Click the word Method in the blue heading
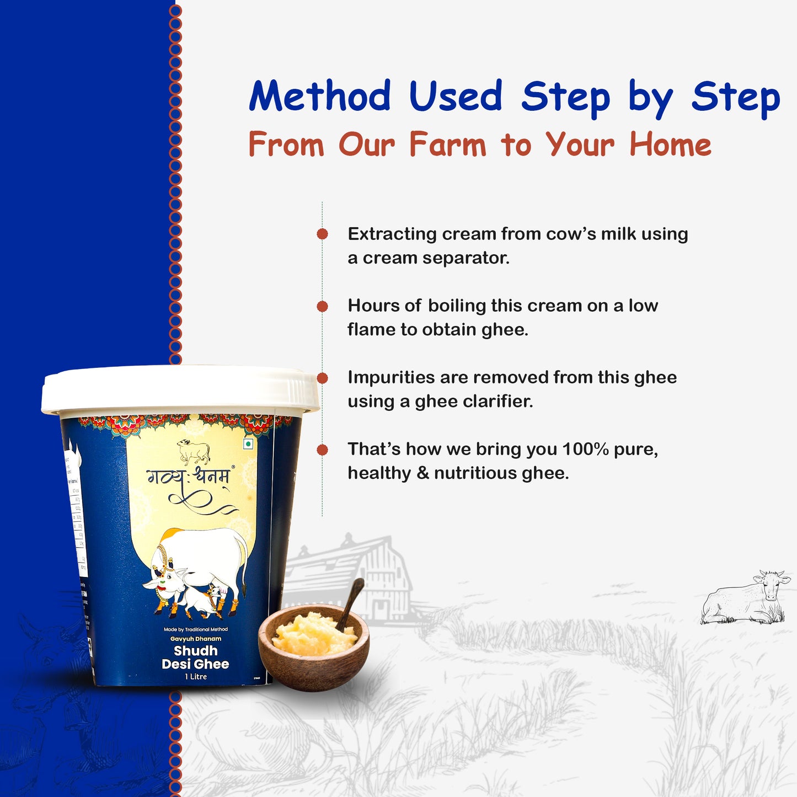point(320,97)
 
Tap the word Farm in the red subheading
point(447,145)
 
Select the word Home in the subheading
point(670,145)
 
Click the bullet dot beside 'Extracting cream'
point(323,234)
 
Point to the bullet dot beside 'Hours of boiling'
point(323,306)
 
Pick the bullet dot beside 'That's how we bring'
point(323,450)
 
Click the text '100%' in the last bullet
point(585,449)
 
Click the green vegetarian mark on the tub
point(248,444)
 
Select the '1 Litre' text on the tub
point(196,677)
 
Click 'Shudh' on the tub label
point(195,651)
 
